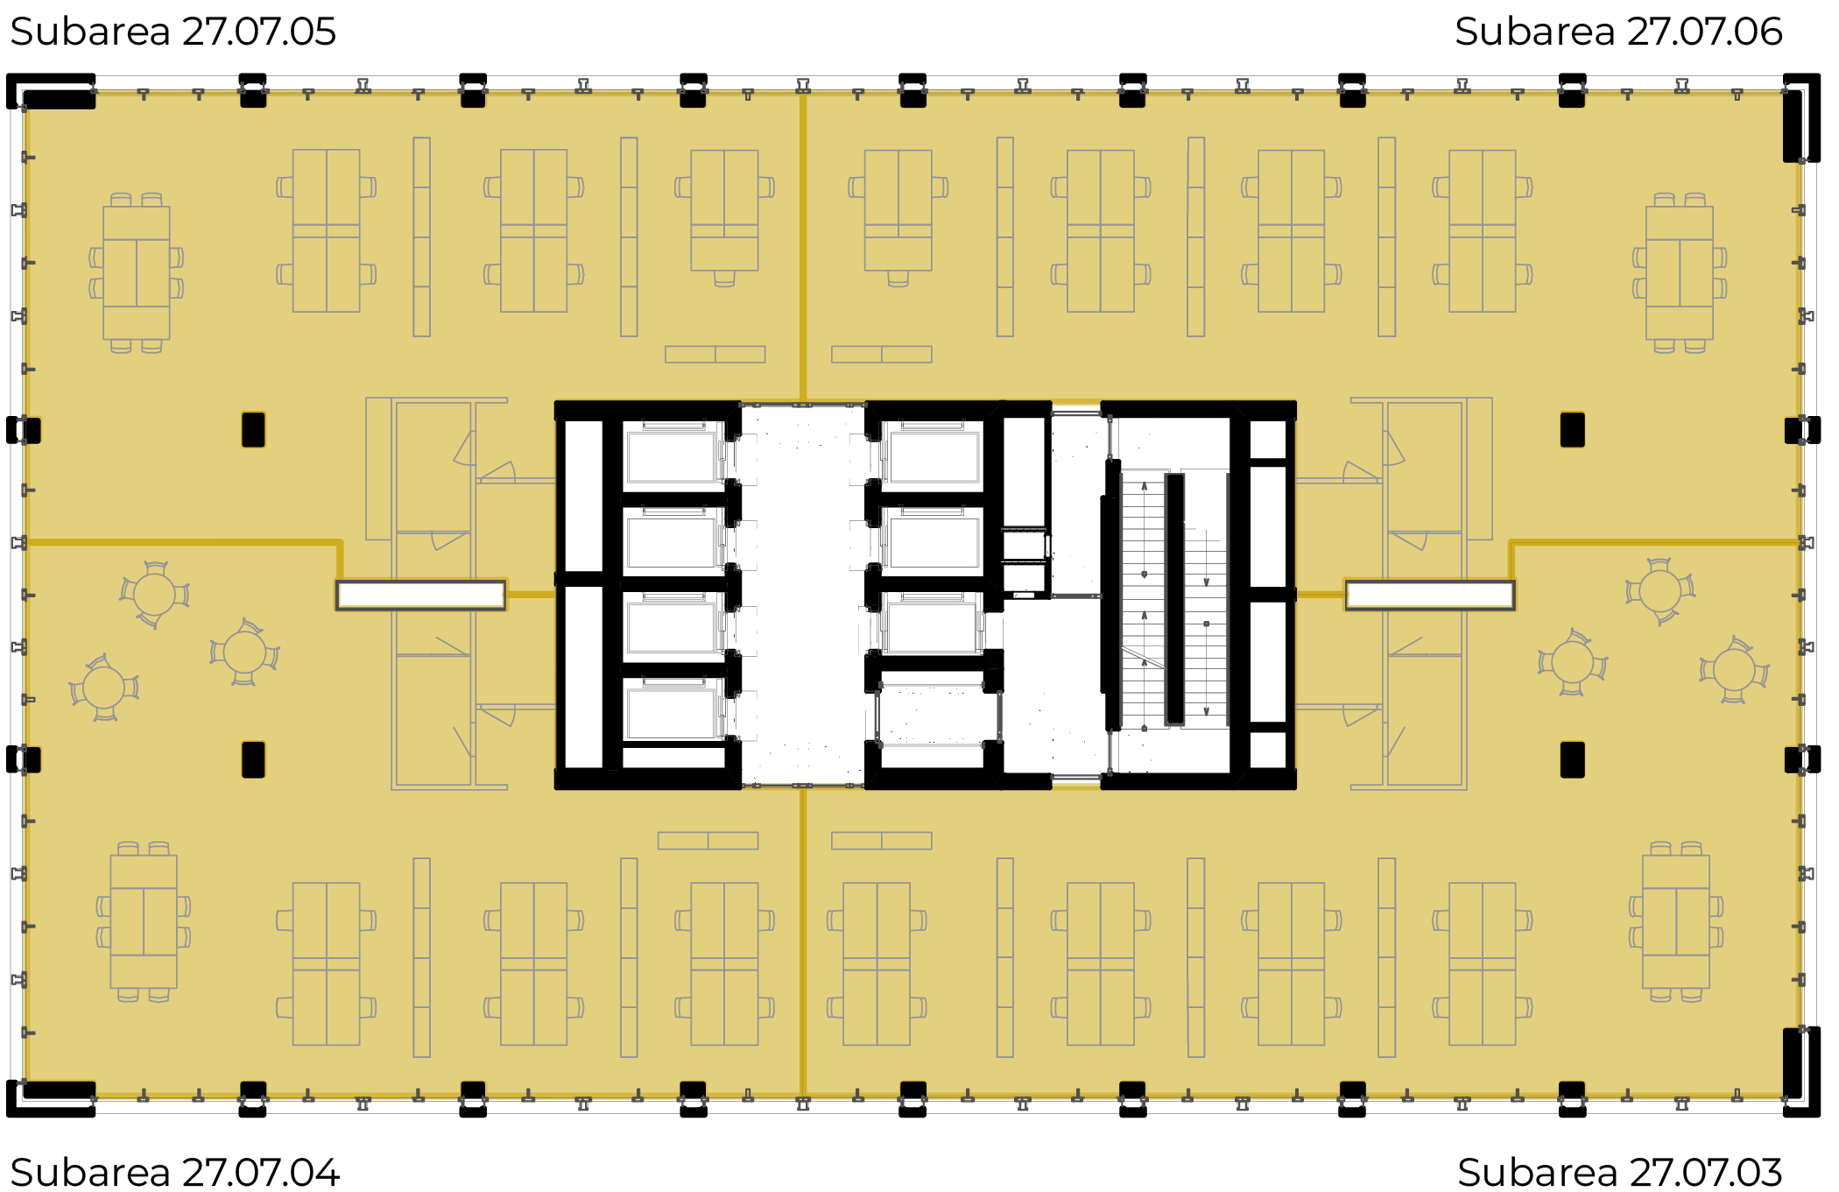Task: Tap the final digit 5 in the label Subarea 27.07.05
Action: [x=325, y=32]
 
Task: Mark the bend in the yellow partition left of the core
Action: [x=340, y=543]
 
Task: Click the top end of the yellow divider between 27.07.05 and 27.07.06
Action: [x=802, y=94]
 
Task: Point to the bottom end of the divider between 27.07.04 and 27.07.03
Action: [x=802, y=1095]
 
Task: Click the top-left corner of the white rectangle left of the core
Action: [x=337, y=582]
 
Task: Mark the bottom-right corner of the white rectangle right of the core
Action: [x=1514, y=609]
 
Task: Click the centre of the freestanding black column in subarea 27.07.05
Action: [x=253, y=430]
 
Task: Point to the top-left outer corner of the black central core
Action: [x=555, y=402]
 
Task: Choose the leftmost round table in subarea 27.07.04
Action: [x=104, y=688]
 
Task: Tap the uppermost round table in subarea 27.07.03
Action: [x=1659, y=591]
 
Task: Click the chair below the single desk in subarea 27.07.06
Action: [x=898, y=279]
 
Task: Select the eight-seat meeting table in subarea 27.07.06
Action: [x=1680, y=272]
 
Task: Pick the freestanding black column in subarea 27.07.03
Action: [x=1572, y=760]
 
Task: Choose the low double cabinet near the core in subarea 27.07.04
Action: [x=708, y=841]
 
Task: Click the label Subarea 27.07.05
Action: [x=173, y=32]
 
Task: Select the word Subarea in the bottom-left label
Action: [x=90, y=1173]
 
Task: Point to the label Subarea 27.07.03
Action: [x=1620, y=1173]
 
